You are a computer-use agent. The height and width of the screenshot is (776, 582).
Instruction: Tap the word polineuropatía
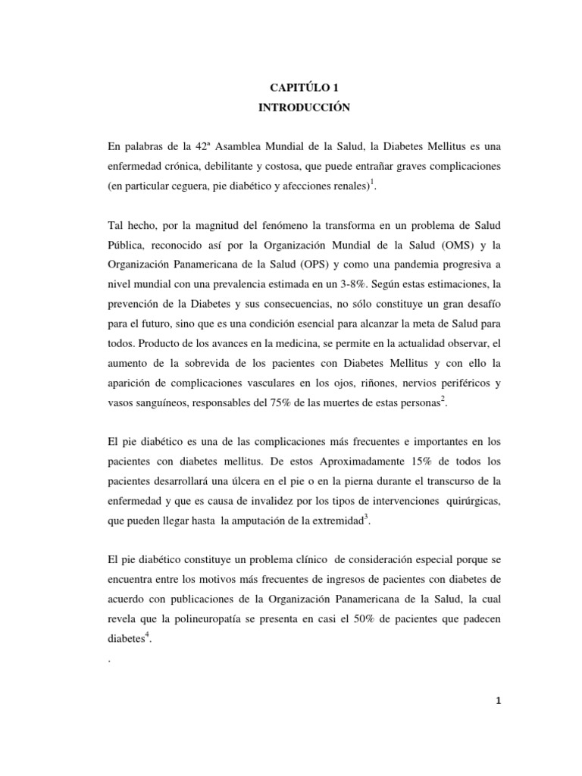[208, 618]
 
